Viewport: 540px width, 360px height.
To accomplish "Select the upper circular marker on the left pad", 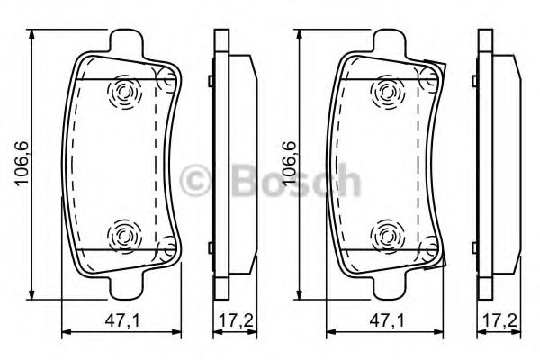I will pos(121,90).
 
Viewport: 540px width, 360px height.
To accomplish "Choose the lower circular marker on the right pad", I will pos(387,237).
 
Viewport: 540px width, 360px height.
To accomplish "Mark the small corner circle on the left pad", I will pos(165,82).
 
